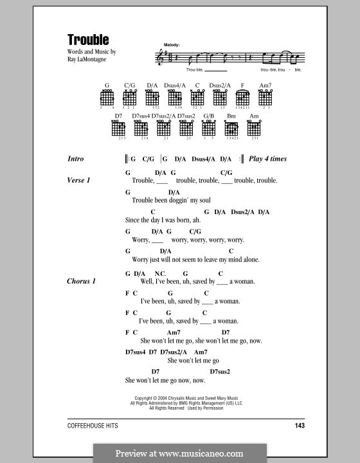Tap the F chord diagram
click(x=242, y=97)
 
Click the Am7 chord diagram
click(x=265, y=97)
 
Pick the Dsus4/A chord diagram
click(x=175, y=97)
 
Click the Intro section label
click(x=75, y=159)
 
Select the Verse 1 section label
click(x=78, y=180)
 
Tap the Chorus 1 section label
click(x=81, y=281)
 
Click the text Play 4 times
click(x=267, y=159)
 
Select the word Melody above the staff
click(x=172, y=44)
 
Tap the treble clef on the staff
click(x=161, y=58)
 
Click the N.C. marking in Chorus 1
click(x=160, y=273)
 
